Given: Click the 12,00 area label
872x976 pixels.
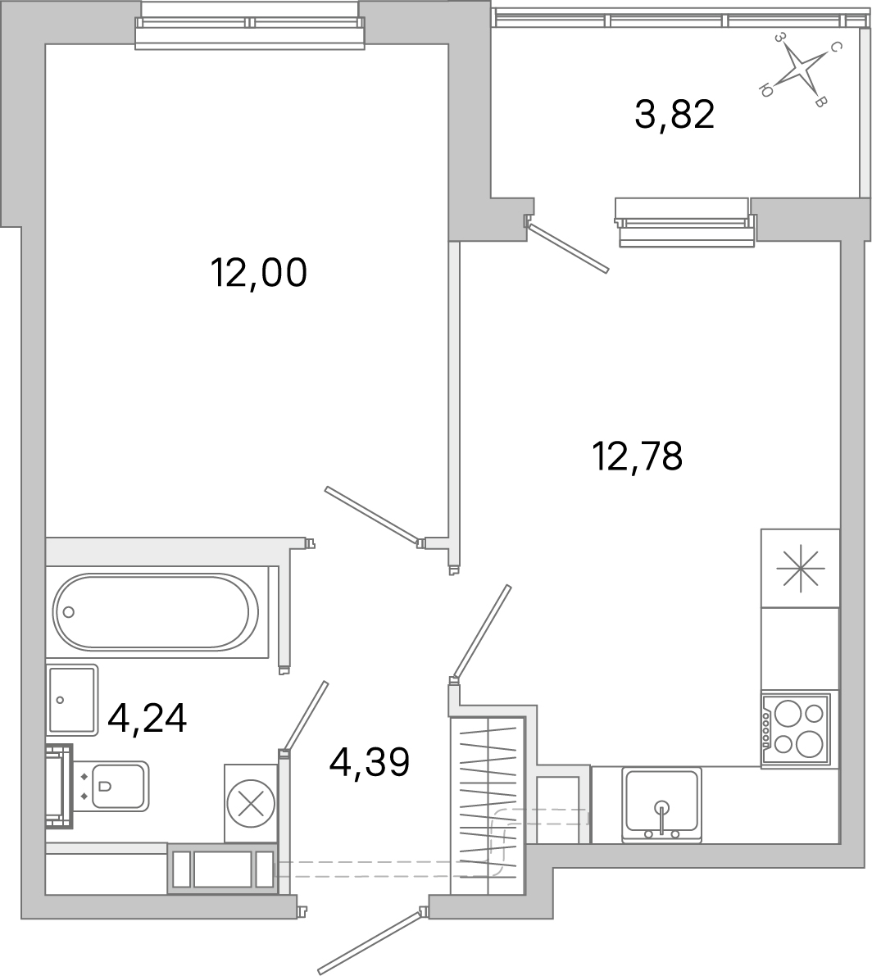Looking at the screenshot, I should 259,272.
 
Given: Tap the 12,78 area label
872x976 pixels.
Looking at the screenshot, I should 637,456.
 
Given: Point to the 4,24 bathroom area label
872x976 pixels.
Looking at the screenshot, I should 148,719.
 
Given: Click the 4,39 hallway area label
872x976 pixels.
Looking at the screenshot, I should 369,763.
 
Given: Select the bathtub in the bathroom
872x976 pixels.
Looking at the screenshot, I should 156,611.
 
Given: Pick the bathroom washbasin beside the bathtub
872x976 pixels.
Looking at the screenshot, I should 72,699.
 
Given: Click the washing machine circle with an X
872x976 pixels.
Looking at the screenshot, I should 251,804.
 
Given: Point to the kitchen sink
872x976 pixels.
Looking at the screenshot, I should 661,804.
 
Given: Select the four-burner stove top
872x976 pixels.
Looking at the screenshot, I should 795,729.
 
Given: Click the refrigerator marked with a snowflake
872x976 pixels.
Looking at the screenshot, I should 800,568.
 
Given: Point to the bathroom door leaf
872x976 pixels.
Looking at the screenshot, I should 305,715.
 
